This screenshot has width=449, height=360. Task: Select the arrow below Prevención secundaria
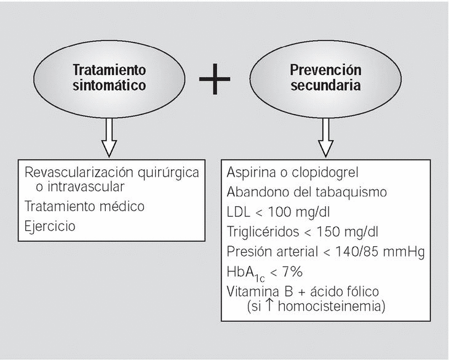pos(325,138)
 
